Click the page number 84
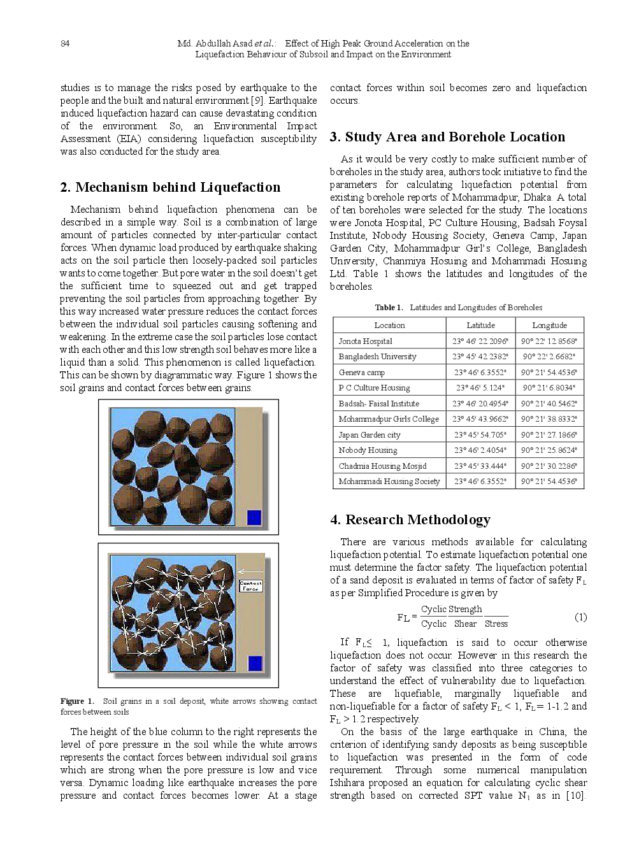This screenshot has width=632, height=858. tap(65, 43)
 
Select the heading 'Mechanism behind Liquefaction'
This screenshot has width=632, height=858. tap(170, 187)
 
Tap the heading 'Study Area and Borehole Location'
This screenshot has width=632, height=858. tap(447, 137)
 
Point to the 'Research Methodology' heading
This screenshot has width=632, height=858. tap(410, 520)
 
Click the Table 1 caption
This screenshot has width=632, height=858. tap(458, 308)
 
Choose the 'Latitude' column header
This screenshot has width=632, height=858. tap(480, 325)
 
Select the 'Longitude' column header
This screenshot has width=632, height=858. tap(549, 325)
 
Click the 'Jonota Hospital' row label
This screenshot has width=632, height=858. tap(365, 341)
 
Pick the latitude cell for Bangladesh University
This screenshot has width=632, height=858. tap(480, 357)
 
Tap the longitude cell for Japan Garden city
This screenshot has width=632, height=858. tap(549, 435)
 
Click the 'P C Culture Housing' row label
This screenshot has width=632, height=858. tap(374, 388)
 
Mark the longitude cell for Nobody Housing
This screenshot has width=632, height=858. tap(549, 450)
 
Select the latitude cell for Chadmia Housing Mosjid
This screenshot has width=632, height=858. tap(480, 466)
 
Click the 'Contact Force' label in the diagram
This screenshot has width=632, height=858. tap(250, 585)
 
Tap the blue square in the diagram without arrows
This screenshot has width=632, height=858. tap(254, 517)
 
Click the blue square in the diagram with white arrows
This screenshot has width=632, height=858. tap(255, 663)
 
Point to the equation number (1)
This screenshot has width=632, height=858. tap(580, 617)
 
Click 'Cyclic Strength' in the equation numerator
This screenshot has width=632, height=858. tap(451, 609)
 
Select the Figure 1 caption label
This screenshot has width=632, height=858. tap(77, 701)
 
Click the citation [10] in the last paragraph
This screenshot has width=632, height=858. tap(575, 796)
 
